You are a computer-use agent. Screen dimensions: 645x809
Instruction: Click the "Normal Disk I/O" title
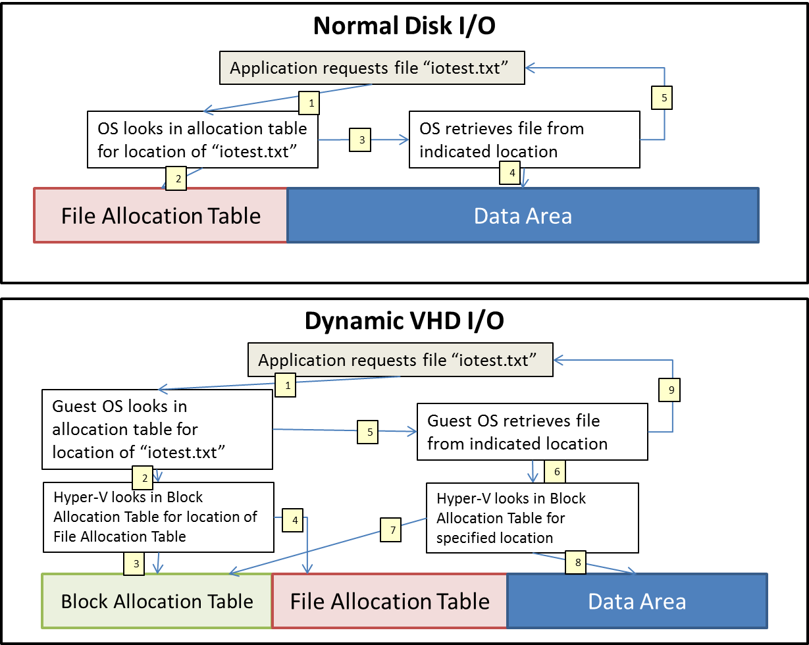pos(404,26)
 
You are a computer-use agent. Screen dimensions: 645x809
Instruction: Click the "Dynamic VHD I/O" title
pos(404,321)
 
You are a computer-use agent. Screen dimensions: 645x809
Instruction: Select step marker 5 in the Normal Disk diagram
pos(664,98)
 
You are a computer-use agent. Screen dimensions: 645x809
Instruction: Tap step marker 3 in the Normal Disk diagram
pos(361,140)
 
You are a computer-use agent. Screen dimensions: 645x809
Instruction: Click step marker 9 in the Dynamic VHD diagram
pos(670,390)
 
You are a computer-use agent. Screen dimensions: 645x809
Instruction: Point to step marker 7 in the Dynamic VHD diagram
pos(390,530)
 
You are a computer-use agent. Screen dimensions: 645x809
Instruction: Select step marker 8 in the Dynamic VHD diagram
pos(577,563)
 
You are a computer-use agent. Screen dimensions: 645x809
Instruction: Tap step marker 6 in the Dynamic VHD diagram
pos(556,472)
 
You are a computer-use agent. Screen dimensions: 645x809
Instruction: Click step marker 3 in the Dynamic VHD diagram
pos(134,563)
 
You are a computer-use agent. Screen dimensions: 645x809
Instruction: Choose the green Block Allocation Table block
pos(157,601)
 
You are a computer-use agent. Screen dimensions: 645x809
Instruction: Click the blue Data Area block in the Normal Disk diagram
pos(523,216)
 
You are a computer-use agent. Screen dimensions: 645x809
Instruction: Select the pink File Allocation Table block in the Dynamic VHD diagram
pos(390,601)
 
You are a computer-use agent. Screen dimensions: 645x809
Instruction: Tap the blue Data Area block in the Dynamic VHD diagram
pos(637,601)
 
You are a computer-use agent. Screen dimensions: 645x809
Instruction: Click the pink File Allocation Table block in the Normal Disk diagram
pos(161,216)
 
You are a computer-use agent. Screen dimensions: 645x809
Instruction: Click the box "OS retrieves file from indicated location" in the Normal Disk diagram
pos(524,139)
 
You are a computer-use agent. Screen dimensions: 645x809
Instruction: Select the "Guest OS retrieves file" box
pos(533,432)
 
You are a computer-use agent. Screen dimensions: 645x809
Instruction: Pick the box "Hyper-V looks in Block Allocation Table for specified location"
pos(532,517)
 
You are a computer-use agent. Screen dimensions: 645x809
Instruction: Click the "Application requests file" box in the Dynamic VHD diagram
pos(400,360)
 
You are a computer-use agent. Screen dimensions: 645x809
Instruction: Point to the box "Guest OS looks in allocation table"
pos(157,429)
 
